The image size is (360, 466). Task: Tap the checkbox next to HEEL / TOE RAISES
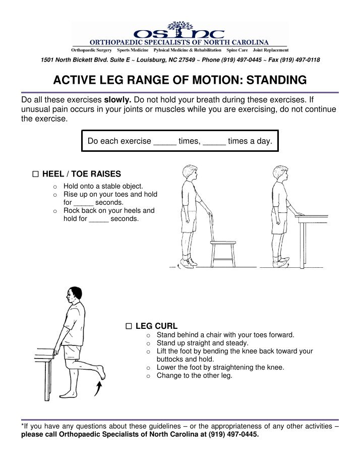pyautogui.click(x=35, y=174)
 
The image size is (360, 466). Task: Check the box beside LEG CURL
pyautogui.click(x=129, y=326)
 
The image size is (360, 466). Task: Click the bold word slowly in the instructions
pyautogui.click(x=117, y=99)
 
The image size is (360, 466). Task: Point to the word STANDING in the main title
pyautogui.click(x=276, y=80)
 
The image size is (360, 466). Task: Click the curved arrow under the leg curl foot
pyautogui.click(x=99, y=389)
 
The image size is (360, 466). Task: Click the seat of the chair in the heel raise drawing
pyautogui.click(x=223, y=243)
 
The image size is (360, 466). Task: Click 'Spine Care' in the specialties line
pyautogui.click(x=237, y=50)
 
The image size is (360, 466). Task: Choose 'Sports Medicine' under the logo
pyautogui.click(x=133, y=50)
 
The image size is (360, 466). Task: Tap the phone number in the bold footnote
pyautogui.click(x=233, y=434)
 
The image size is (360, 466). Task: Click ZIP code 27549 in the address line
pyautogui.click(x=187, y=60)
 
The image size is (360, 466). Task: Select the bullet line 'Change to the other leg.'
pyautogui.click(x=194, y=375)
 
